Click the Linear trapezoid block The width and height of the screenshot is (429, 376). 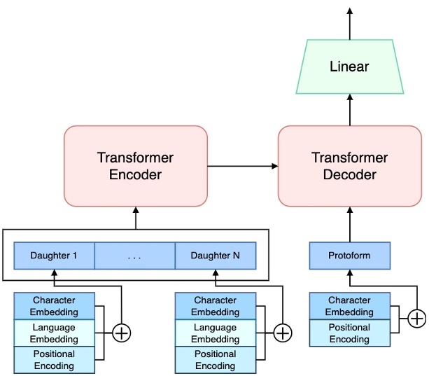(x=349, y=67)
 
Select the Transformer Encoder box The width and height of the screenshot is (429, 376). (x=135, y=166)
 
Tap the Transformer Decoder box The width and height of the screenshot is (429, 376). (x=349, y=166)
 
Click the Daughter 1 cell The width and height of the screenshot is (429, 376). (x=54, y=256)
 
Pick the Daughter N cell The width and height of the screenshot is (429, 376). (x=216, y=256)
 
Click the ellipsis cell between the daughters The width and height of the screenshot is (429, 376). (x=134, y=256)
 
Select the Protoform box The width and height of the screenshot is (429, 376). (x=349, y=256)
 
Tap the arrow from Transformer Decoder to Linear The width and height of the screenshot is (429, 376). (x=349, y=110)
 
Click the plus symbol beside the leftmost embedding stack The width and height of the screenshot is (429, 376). (x=122, y=333)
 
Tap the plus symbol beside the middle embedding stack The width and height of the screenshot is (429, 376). (x=282, y=333)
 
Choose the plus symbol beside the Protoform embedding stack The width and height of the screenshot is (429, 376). (x=417, y=319)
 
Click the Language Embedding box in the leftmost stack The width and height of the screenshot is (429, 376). (x=54, y=333)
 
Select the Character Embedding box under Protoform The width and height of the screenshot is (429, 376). (x=349, y=307)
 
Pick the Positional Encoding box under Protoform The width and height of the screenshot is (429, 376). (x=349, y=333)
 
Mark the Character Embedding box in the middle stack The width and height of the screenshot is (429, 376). (x=216, y=307)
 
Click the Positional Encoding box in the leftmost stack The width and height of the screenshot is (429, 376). (x=54, y=360)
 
